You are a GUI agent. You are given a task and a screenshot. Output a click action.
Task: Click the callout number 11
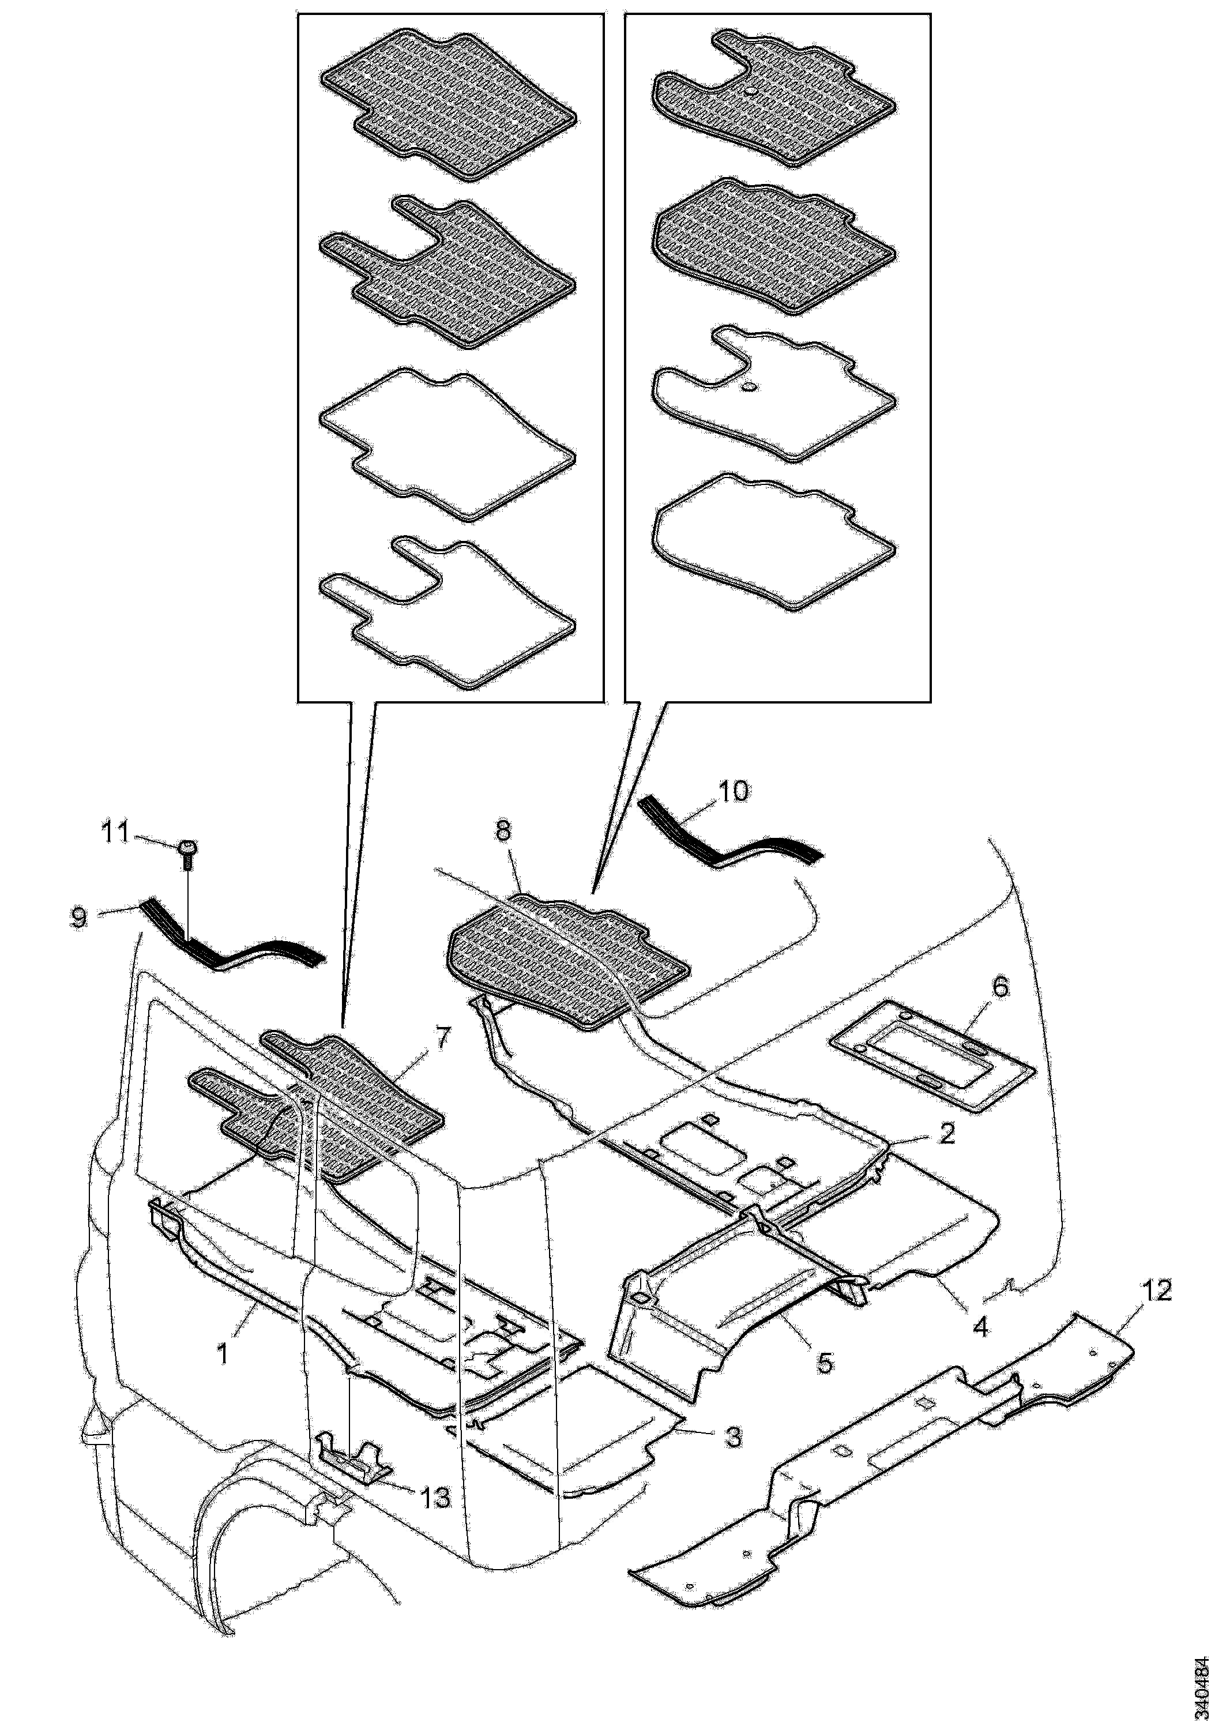click(x=115, y=834)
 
